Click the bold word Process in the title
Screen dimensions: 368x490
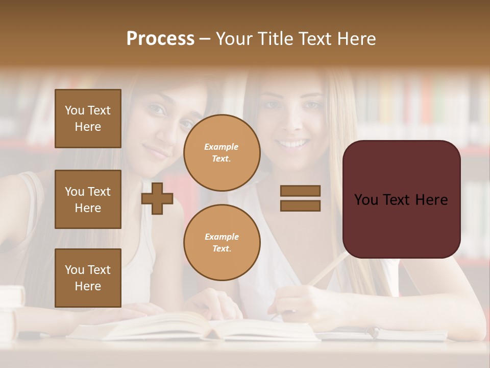pyautogui.click(x=160, y=39)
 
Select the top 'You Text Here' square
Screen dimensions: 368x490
pyautogui.click(x=88, y=119)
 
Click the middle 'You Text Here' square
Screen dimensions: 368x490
pyautogui.click(x=88, y=199)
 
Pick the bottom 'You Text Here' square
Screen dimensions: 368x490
pyautogui.click(x=88, y=278)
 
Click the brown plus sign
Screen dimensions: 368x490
pyautogui.click(x=157, y=198)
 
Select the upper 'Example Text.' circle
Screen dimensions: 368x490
pyautogui.click(x=222, y=153)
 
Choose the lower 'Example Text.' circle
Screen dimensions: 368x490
pyautogui.click(x=222, y=243)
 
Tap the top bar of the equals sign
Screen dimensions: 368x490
pyautogui.click(x=300, y=191)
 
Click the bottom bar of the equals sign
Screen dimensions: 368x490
pyautogui.click(x=300, y=206)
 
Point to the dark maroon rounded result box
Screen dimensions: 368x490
pyautogui.click(x=401, y=199)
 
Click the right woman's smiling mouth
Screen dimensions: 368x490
pyautogui.click(x=292, y=144)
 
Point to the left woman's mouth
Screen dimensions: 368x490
pyautogui.click(x=156, y=151)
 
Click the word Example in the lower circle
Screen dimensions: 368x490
pyautogui.click(x=222, y=237)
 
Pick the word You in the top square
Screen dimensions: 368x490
pyautogui.click(x=75, y=110)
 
